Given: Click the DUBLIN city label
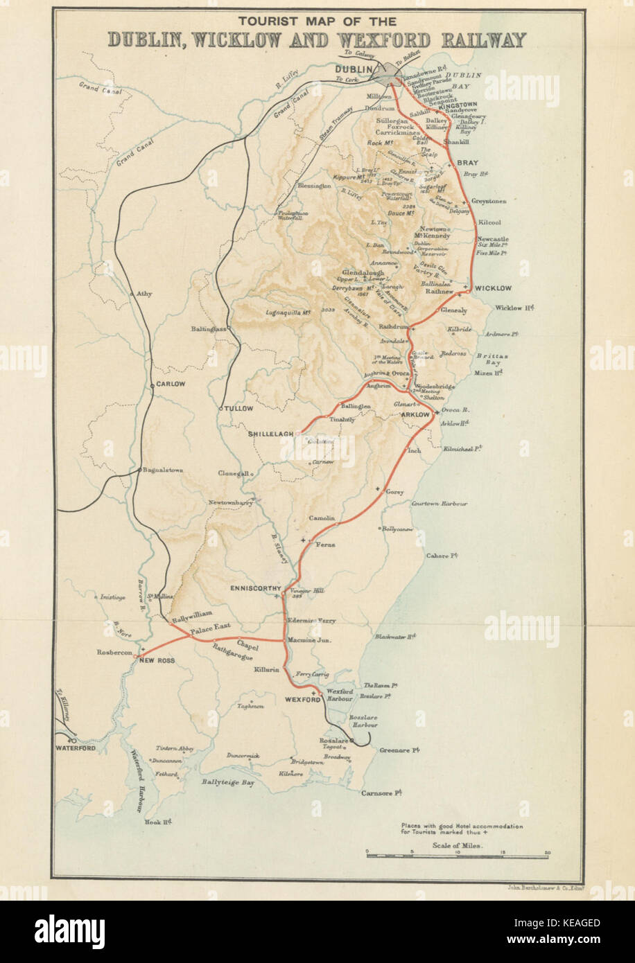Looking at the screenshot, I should (354, 69).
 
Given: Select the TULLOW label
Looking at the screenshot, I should (239, 409).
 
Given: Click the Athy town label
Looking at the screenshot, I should (143, 294).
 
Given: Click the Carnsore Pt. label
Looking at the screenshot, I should (382, 793).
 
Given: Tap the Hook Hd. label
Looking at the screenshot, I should (157, 822).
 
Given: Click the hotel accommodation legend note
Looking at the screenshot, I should (461, 829).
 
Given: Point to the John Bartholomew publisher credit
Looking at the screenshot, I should (543, 886).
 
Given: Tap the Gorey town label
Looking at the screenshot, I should (394, 492).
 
